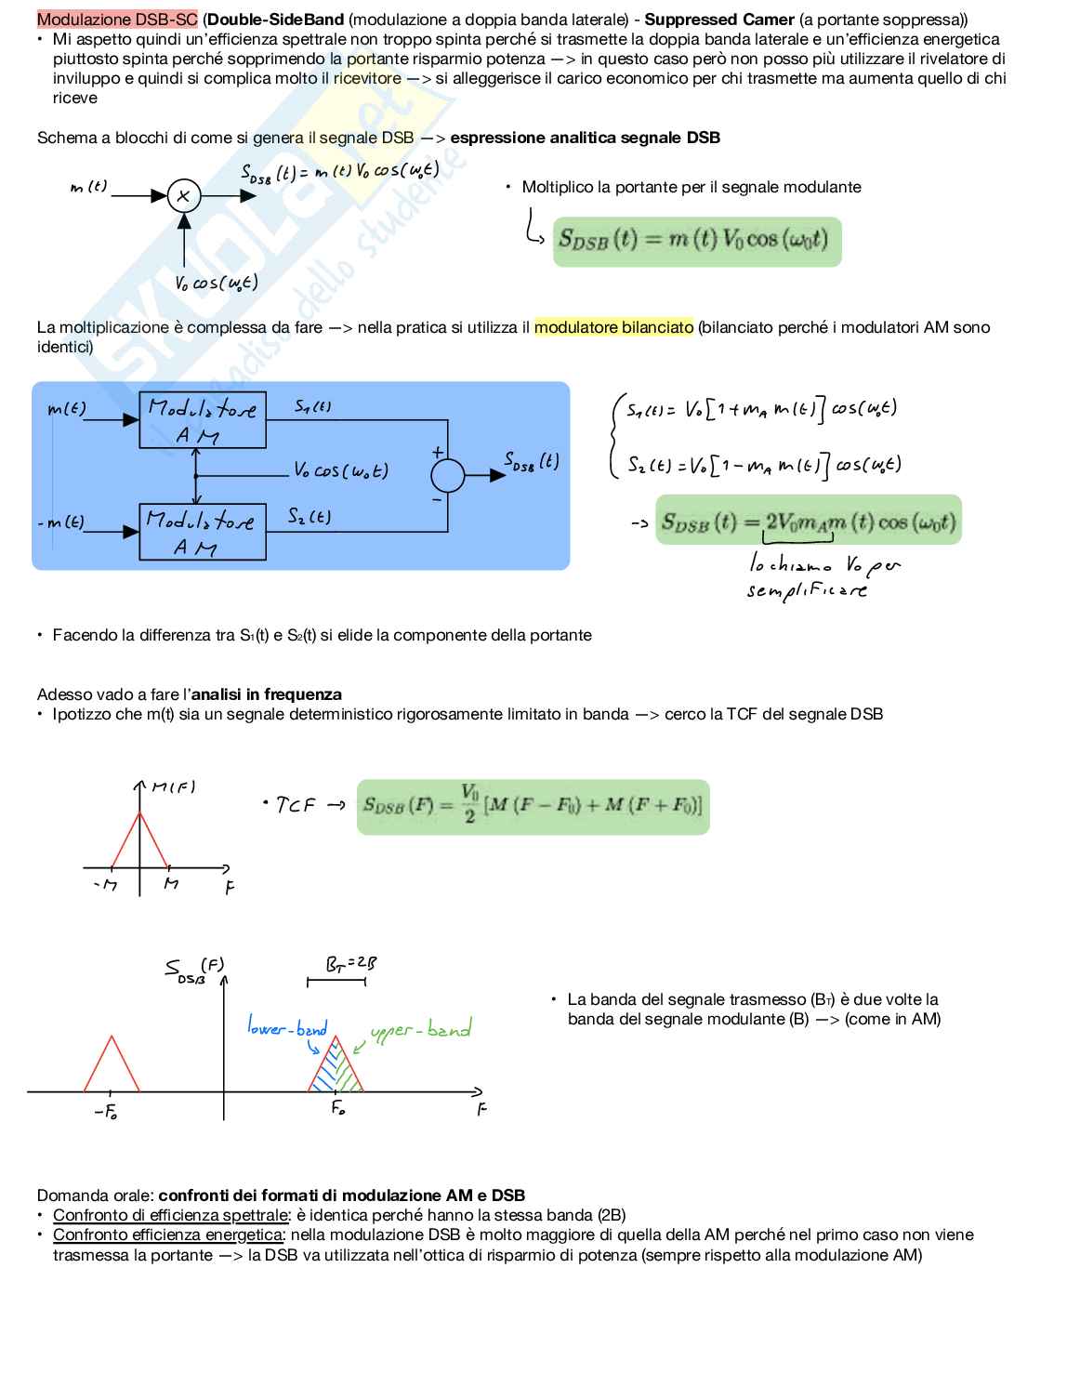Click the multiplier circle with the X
point(184,196)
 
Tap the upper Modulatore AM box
point(203,420)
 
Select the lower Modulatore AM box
point(203,532)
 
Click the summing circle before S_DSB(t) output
point(447,475)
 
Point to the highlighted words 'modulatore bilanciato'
point(613,327)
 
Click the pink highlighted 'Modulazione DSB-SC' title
point(117,20)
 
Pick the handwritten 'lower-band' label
point(287,1027)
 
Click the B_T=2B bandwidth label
point(350,964)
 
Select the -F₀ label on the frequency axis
point(105,1111)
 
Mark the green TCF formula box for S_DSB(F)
point(533,807)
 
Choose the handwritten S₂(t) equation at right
point(763,464)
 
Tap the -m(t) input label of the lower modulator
point(61,522)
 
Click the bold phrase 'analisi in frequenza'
point(266,694)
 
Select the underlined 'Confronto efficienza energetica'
point(167,1235)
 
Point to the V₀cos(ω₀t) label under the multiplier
point(216,283)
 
